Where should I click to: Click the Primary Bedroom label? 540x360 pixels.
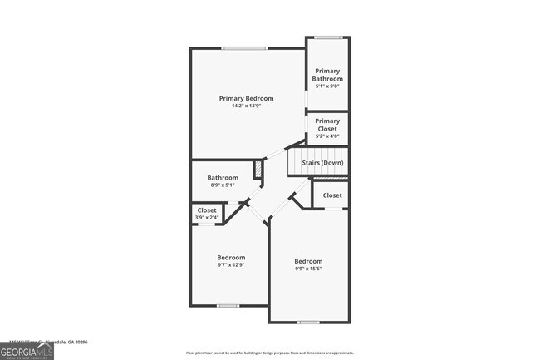(x=246, y=98)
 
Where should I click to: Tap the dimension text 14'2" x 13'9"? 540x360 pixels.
(x=246, y=106)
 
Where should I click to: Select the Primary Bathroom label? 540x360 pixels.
(x=326, y=75)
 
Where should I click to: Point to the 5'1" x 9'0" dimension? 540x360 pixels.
(x=326, y=86)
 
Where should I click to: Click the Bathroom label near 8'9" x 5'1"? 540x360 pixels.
(x=223, y=177)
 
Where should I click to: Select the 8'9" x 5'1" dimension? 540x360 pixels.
(x=223, y=185)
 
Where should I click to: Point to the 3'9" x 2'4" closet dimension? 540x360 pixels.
(x=207, y=218)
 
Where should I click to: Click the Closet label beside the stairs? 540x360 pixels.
(x=332, y=195)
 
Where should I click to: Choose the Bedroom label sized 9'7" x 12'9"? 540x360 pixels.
(x=231, y=257)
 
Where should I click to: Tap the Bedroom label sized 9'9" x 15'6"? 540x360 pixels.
(x=308, y=261)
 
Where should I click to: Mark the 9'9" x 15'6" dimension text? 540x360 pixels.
(x=308, y=269)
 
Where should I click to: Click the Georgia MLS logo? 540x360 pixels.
(x=27, y=351)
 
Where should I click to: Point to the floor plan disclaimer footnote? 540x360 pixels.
(x=258, y=353)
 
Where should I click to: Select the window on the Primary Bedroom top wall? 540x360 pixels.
(x=244, y=48)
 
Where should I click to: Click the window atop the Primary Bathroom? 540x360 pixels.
(x=328, y=37)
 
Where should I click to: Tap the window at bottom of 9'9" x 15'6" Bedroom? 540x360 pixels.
(x=308, y=323)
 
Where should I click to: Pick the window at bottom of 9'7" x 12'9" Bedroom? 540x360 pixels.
(x=228, y=306)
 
